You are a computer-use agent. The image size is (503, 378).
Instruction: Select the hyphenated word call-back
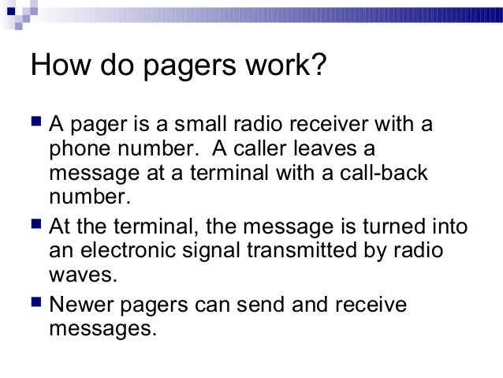coord(385,173)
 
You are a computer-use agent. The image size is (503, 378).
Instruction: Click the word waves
coord(81,276)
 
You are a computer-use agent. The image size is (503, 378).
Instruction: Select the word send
coord(274,303)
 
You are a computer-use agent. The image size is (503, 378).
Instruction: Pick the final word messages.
coord(98,327)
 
